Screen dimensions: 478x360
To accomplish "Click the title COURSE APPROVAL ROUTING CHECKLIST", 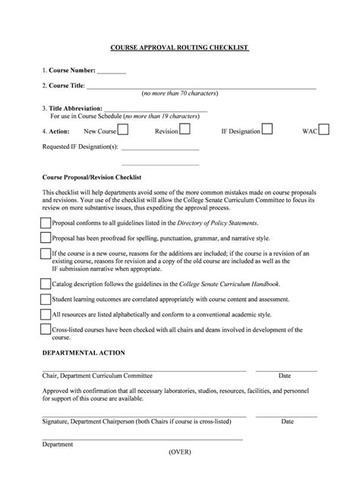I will coord(180,48).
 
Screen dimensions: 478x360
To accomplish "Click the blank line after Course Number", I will coord(112,72).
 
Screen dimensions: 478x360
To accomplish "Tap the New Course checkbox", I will coord(122,130).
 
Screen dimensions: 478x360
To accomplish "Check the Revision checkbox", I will coord(185,130).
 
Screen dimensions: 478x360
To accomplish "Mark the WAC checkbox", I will coord(324,130).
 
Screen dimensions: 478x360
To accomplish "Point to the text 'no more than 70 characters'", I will coord(180,93).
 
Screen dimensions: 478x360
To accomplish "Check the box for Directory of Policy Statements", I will coord(46,223).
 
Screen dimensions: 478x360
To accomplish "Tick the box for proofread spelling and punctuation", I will coord(46,238).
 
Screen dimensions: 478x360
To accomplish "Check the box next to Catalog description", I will coord(46,284).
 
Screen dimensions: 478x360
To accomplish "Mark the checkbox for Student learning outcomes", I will coord(46,299).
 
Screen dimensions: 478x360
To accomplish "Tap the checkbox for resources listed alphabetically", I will coord(46,314).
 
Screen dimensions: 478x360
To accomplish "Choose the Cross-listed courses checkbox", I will coord(46,330).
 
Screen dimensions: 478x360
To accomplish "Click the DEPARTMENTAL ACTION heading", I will coord(84,353).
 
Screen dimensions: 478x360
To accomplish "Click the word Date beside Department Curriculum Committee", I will coord(285,376).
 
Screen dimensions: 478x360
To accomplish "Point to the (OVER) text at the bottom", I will coord(180,451).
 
